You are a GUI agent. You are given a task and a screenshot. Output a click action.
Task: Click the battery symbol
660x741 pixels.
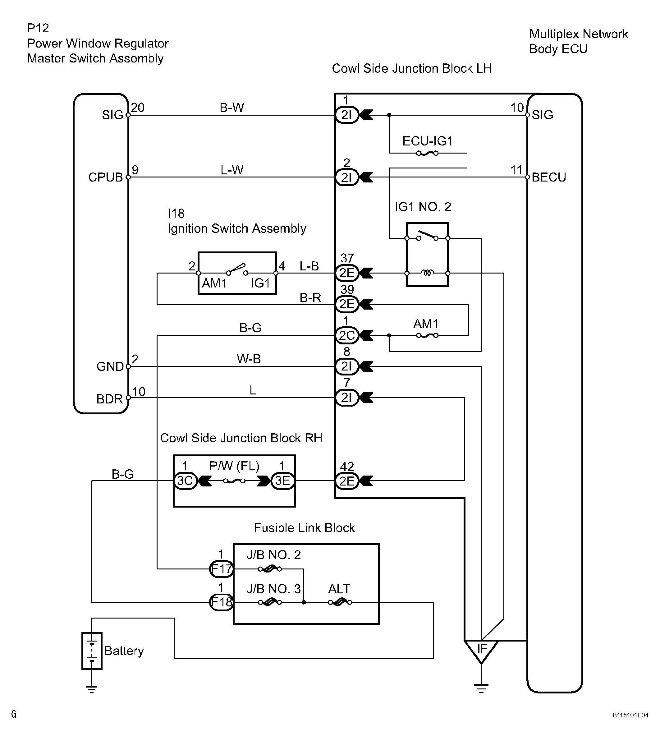(92, 650)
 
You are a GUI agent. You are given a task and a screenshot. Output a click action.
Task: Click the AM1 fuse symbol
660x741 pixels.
(427, 335)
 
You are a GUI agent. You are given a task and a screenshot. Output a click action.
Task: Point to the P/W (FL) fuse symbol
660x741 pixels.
(234, 481)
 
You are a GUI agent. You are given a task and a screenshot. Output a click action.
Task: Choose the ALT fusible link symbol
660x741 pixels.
(340, 602)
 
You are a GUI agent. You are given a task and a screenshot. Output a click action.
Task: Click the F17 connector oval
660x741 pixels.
(221, 568)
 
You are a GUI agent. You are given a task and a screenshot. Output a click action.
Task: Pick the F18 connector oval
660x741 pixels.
(221, 602)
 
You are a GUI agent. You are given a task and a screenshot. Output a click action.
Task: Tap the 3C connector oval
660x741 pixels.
(185, 481)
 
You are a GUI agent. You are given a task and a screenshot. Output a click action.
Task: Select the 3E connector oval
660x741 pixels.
(282, 481)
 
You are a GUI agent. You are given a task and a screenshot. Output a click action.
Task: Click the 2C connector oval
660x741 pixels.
(347, 335)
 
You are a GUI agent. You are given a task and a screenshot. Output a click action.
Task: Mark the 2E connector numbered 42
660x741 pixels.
(347, 481)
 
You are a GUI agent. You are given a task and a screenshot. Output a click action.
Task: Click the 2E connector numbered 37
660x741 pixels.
(347, 273)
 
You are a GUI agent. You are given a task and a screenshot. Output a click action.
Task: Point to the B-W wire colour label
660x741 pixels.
(232, 107)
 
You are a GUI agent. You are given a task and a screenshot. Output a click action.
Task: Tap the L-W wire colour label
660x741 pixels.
(232, 170)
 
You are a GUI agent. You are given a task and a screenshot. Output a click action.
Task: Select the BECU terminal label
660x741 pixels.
(549, 177)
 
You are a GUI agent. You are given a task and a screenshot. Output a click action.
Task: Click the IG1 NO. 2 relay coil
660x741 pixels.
(427, 273)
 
